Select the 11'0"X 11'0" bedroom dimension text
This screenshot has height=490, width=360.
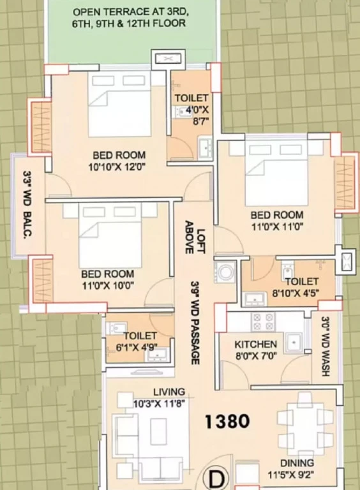pyautogui.click(x=277, y=226)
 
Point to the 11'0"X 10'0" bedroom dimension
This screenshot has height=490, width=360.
pyautogui.click(x=108, y=285)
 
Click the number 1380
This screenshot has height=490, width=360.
pyautogui.click(x=227, y=421)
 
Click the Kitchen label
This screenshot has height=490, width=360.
pyautogui.click(x=255, y=345)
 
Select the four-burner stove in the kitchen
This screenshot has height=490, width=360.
pyautogui.click(x=263, y=322)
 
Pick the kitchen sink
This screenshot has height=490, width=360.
pyautogui.click(x=294, y=343)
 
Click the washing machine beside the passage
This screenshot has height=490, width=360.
pyautogui.click(x=225, y=272)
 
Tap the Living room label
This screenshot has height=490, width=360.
pyautogui.click(x=169, y=392)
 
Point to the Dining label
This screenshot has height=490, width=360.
pyautogui.click(x=297, y=463)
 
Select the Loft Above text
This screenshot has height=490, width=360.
pyautogui.click(x=195, y=237)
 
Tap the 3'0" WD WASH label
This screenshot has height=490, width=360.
pyautogui.click(x=326, y=346)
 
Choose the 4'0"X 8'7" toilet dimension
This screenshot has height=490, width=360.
pyautogui.click(x=197, y=115)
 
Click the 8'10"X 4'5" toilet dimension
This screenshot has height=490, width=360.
pyautogui.click(x=296, y=293)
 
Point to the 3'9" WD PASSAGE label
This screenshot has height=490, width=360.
pyautogui.click(x=195, y=322)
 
